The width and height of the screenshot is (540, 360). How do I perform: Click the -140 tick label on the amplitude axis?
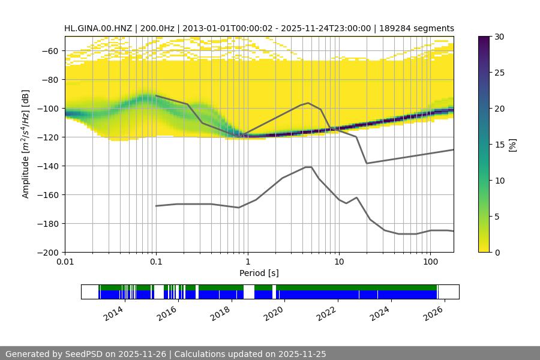49,166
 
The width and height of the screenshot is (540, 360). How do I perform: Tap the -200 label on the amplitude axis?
49,253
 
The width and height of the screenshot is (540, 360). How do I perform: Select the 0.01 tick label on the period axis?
65,262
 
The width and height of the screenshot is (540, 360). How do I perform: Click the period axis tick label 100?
430,262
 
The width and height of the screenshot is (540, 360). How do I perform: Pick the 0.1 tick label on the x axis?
156,262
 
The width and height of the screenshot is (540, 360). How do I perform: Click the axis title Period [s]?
259,273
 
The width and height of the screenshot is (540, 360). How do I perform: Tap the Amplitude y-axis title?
25,144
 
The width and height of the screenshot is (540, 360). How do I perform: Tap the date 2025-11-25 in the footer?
300,354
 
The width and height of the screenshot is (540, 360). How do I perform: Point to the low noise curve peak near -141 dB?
308,167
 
